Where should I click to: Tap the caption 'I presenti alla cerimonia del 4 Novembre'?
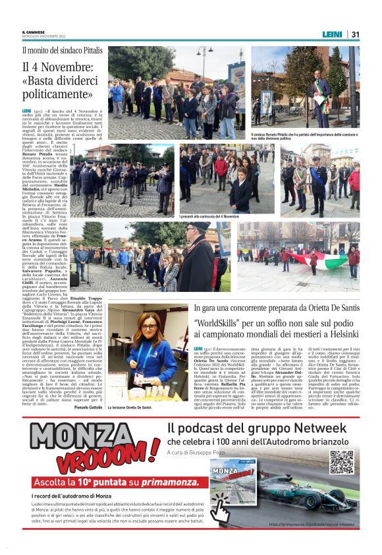pyautogui.click(x=209, y=216)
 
